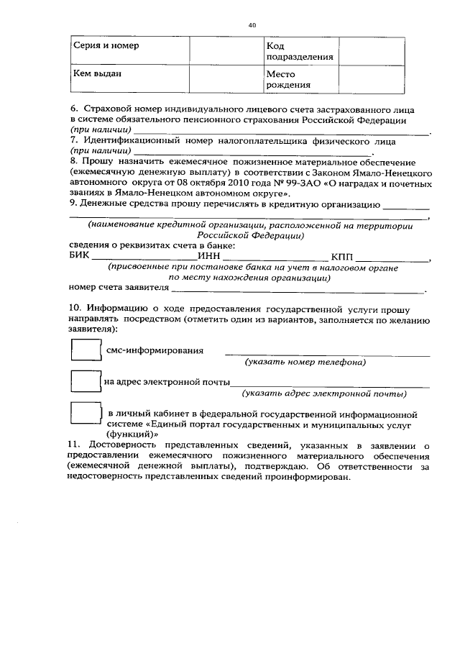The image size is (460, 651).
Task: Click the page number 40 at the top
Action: tap(252, 24)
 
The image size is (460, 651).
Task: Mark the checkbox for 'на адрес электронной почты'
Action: tap(86, 382)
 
